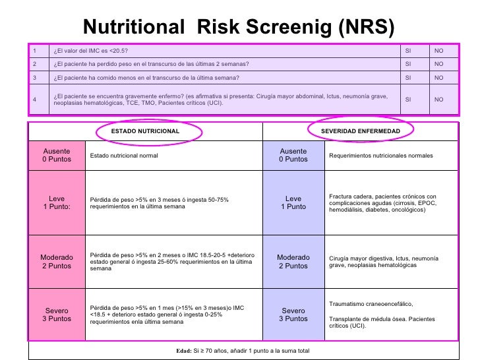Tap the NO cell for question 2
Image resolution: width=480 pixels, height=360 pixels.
438,64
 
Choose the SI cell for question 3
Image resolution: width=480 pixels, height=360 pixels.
408,77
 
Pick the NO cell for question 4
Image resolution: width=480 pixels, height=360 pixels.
438,100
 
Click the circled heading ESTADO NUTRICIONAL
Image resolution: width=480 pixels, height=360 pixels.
145,131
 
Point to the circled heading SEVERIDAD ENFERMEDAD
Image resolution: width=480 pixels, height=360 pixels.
360,131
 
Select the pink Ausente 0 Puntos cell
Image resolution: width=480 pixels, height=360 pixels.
56,155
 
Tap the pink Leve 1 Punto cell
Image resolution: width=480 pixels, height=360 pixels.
56,202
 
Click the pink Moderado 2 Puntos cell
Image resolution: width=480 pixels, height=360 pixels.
56,262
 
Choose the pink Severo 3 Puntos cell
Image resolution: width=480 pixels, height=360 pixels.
56,315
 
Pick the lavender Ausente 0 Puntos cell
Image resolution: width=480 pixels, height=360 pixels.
293,155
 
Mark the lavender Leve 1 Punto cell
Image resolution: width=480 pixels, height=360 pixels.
293,202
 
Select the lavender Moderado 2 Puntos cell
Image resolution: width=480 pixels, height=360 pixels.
293,262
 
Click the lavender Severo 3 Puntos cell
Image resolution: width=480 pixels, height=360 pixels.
293,315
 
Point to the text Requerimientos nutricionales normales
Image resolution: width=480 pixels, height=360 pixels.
380,156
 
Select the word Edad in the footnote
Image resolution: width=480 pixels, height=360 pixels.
183,351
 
